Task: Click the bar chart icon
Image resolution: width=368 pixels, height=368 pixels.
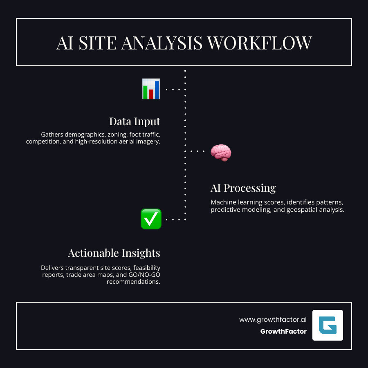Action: pos(151,89)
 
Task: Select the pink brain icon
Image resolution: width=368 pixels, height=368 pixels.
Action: pos(221,153)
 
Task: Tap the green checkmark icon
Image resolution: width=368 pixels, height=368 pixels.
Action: pos(151,219)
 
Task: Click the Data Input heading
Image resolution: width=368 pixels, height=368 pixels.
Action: pos(135,121)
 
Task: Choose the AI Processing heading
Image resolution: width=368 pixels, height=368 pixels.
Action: pos(243,188)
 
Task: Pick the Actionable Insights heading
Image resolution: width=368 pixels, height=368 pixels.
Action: pos(114,253)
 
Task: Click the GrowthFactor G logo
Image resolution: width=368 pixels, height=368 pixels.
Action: pos(328,325)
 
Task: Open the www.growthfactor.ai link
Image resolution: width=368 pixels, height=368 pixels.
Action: pos(273,320)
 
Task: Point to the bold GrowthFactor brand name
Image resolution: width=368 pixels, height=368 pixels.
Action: pos(283,332)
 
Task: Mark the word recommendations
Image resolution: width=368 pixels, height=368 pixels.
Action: pos(133,282)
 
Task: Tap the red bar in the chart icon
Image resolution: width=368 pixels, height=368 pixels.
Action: pos(151,94)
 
